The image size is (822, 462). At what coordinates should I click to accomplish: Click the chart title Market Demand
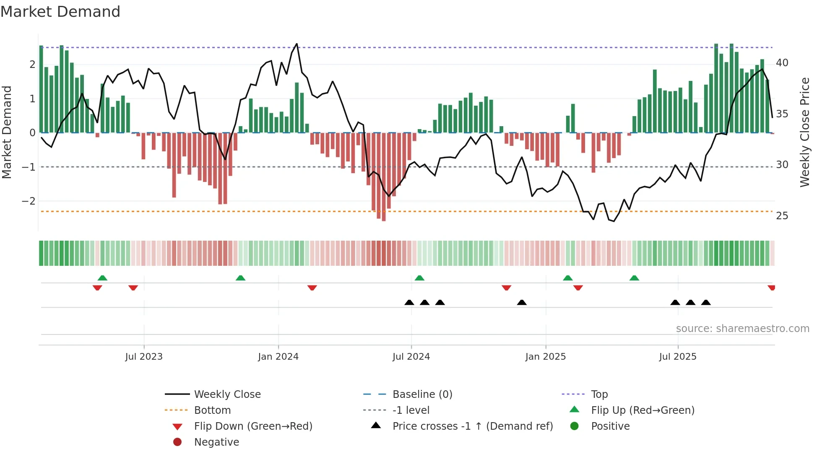(x=60, y=12)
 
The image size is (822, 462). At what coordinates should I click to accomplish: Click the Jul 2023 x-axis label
(x=144, y=357)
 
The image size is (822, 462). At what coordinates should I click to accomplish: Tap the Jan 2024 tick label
(x=278, y=357)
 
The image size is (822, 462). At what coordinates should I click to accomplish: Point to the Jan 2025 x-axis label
(x=545, y=357)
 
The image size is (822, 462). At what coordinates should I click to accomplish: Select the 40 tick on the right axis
(x=782, y=63)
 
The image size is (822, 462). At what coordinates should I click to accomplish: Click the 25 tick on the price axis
(x=782, y=216)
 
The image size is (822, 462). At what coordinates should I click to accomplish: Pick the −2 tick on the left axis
(x=29, y=201)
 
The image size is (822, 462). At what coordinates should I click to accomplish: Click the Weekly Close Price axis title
(x=804, y=132)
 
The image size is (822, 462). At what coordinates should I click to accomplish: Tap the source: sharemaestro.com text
(x=742, y=329)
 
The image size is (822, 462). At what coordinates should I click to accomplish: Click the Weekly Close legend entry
(x=227, y=395)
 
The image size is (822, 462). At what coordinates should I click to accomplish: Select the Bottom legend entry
(x=212, y=410)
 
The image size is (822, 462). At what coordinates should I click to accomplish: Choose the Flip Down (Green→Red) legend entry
(x=253, y=426)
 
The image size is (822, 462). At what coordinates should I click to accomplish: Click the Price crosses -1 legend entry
(x=472, y=426)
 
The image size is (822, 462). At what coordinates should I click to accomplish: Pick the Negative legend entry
(x=216, y=442)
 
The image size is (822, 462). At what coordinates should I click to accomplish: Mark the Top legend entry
(x=599, y=395)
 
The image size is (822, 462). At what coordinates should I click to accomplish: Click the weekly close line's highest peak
(x=297, y=44)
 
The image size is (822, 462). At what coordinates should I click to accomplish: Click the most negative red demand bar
(x=384, y=218)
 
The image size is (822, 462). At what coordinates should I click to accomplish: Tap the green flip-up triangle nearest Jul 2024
(x=419, y=278)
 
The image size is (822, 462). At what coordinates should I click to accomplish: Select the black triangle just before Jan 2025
(x=522, y=302)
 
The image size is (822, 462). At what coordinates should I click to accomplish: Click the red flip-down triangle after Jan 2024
(x=312, y=288)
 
